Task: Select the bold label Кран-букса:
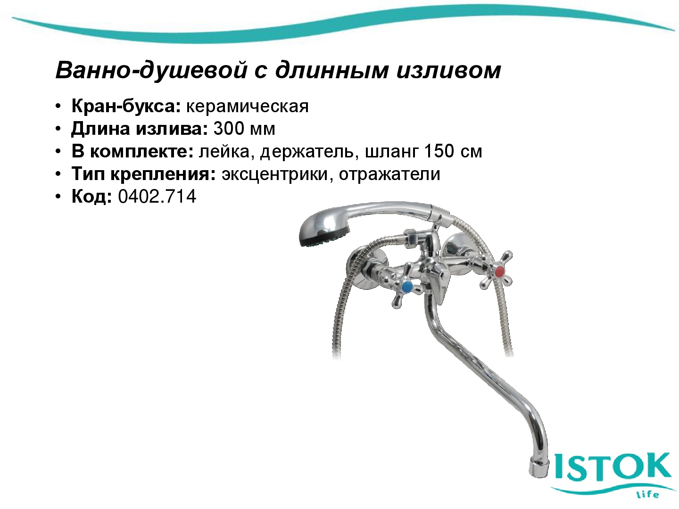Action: pos(126,107)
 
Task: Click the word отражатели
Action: pos(389,174)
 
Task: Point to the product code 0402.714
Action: pos(157,197)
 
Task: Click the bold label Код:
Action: pos(91,197)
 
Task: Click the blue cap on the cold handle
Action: pos(406,287)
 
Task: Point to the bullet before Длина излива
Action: pos(58,129)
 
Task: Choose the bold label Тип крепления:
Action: pos(143,174)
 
